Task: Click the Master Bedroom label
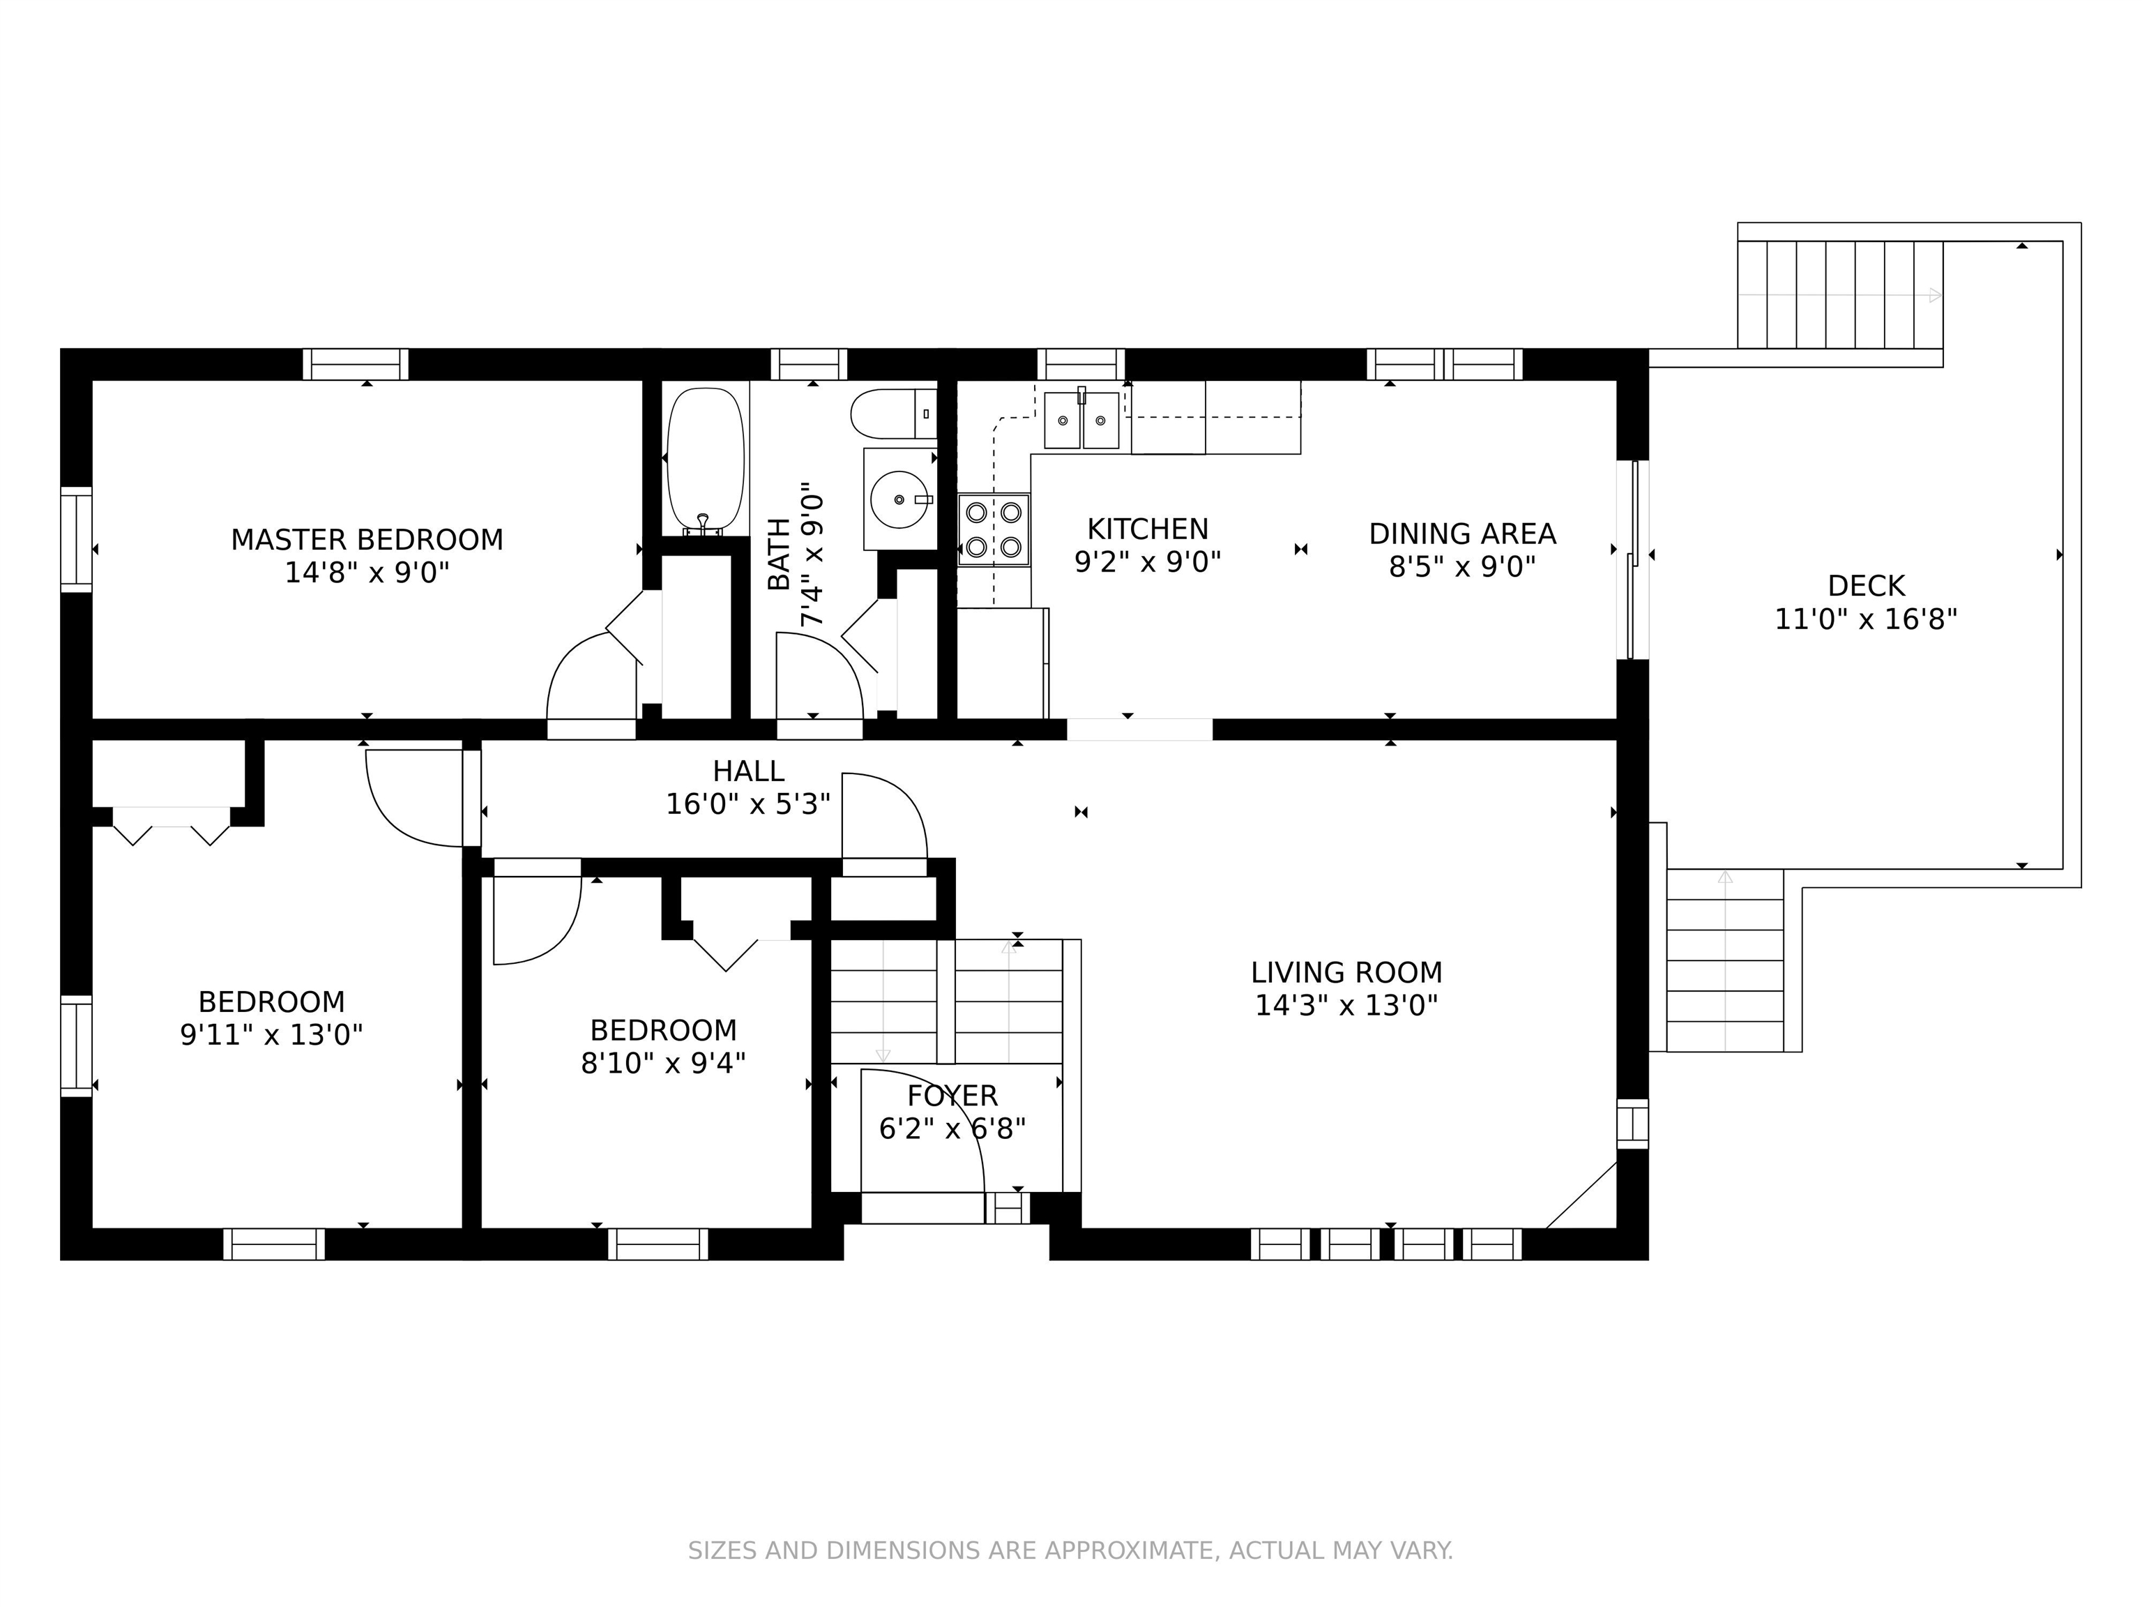(367, 540)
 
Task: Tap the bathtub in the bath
(706, 461)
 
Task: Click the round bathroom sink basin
(899, 499)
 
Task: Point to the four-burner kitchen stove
(994, 529)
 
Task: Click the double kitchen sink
(1081, 419)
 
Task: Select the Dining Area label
(1462, 534)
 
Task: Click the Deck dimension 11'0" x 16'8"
(1866, 619)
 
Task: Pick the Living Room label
(1346, 972)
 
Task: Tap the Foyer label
(952, 1096)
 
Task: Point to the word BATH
(779, 554)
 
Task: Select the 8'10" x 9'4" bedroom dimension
(663, 1064)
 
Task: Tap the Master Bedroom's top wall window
(356, 364)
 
